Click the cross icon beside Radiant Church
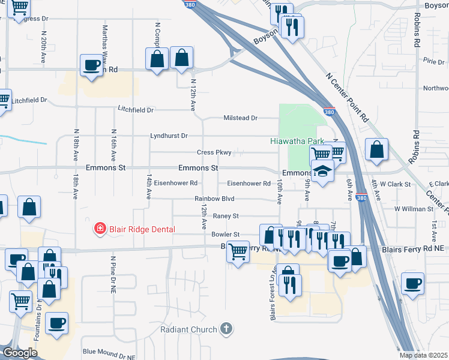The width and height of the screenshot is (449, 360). click(226, 328)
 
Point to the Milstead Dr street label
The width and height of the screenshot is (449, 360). click(240, 118)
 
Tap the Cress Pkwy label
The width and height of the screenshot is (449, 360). click(214, 152)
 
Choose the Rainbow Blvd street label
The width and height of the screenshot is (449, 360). click(214, 199)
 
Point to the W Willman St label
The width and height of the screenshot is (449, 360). click(414, 209)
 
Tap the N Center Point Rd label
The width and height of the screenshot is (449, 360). click(348, 98)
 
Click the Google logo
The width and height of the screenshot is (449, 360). click(19, 353)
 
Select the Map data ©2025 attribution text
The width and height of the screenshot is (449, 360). click(424, 355)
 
